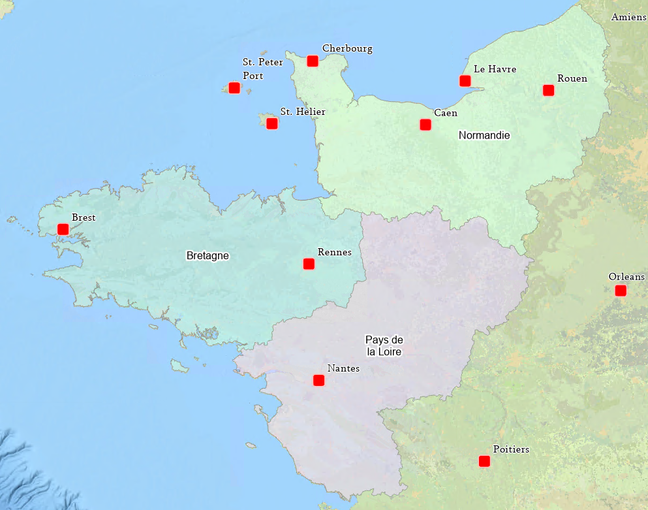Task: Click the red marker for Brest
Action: coord(63,229)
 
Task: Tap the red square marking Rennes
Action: coord(309,264)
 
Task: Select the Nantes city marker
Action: coord(318,380)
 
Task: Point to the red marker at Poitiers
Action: coord(484,461)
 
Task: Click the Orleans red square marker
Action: coord(621,291)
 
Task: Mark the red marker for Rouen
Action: coord(548,90)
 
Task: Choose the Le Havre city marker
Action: coord(465,81)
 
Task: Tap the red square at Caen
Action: coord(425,125)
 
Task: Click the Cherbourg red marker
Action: coord(313,61)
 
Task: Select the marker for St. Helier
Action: coord(272,123)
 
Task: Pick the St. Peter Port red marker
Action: coord(234,88)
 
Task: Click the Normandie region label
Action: coord(484,135)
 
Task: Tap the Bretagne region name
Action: coord(208,255)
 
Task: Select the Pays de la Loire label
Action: coord(384,346)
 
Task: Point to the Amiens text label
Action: coord(628,17)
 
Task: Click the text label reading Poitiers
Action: coord(511,449)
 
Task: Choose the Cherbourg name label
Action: coord(347,48)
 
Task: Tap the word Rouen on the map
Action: coord(572,78)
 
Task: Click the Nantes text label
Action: coord(343,368)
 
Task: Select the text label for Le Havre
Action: coord(495,69)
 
